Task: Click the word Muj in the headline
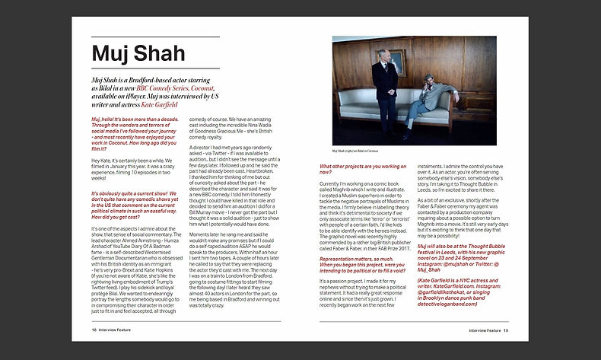coord(111,53)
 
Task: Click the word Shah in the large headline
coord(158,53)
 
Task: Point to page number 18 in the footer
coord(94,330)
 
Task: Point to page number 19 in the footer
coord(505,330)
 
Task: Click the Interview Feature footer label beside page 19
coord(484,330)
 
